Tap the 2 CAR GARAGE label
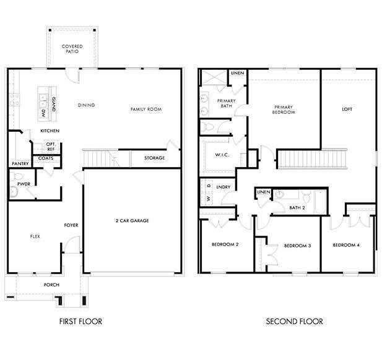pyautogui.click(x=132, y=220)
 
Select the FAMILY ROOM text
pyautogui.click(x=145, y=109)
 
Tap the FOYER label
pyautogui.click(x=71, y=225)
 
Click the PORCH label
pyautogui.click(x=51, y=285)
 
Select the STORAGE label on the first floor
pyautogui.click(x=155, y=158)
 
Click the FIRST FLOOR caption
pyautogui.click(x=80, y=321)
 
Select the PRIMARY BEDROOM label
pyautogui.click(x=284, y=109)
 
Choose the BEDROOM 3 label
pyautogui.click(x=297, y=246)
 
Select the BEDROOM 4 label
pyautogui.click(x=345, y=246)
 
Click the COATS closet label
pyautogui.click(x=45, y=158)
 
